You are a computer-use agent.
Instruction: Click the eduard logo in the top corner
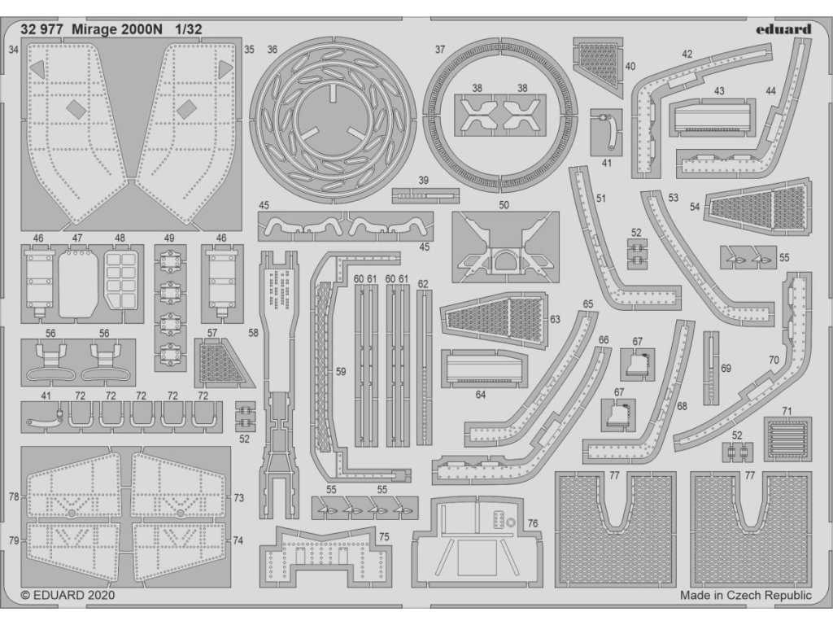coord(782,29)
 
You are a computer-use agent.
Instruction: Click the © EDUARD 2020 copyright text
coord(68,595)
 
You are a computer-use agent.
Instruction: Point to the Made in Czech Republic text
coord(745,595)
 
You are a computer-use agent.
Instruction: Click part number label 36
coord(272,50)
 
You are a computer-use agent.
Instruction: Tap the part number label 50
coord(504,205)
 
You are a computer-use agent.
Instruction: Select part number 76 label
coord(533,523)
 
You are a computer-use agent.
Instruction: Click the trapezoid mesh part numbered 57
coord(220,362)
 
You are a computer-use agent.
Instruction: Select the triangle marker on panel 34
coord(38,70)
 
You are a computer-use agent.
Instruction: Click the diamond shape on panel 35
coord(187,109)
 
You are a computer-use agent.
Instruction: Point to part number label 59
coord(341,371)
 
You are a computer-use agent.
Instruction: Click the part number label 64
coord(481,395)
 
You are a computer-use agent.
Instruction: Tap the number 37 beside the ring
coord(440,50)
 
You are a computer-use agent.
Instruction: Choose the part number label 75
coord(383,536)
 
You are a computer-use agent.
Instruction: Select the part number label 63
coord(555,319)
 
